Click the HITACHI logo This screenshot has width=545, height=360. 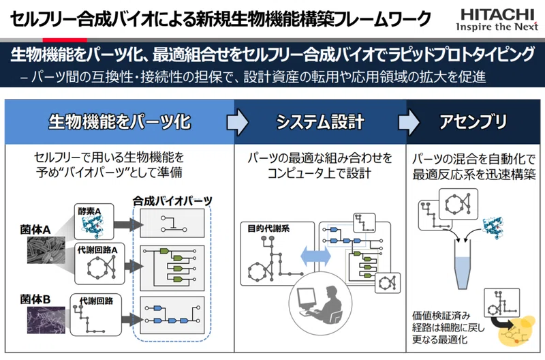pyautogui.click(x=497, y=20)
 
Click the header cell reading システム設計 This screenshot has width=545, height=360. pyautogui.click(x=320, y=122)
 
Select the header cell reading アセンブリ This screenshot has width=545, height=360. pyautogui.click(x=473, y=122)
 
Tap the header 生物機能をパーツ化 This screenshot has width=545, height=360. pyautogui.click(x=120, y=122)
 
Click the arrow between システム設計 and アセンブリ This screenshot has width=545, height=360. pyautogui.click(x=409, y=122)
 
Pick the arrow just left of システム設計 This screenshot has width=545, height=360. pyautogui.click(x=237, y=122)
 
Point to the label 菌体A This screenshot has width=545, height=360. pyautogui.click(x=35, y=230)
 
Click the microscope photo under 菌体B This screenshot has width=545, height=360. pyautogui.click(x=46, y=320)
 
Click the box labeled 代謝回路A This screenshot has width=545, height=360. pyautogui.click(x=99, y=263)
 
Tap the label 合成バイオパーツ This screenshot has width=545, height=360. pyautogui.click(x=172, y=200)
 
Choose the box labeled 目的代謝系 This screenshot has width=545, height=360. pyautogui.click(x=277, y=254)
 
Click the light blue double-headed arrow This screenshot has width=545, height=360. pyautogui.click(x=315, y=256)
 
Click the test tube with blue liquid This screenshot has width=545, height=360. pyautogui.click(x=463, y=265)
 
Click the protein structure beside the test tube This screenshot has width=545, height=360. pyautogui.click(x=493, y=228)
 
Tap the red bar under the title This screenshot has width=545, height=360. pyautogui.click(x=65, y=40)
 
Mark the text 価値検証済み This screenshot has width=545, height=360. pyautogui.click(x=441, y=316)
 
